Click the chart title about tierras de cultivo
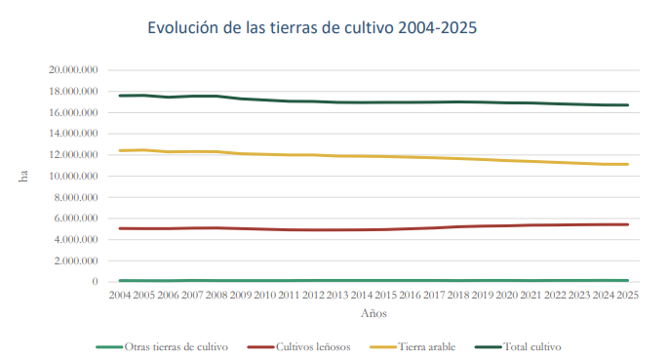pyautogui.click(x=312, y=27)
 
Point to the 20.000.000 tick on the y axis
pyautogui.click(x=73, y=70)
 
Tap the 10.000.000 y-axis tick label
pyautogui.click(x=73, y=176)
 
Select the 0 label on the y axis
pyautogui.click(x=95, y=282)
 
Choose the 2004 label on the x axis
pyautogui.click(x=120, y=295)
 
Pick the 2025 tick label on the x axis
pyautogui.click(x=627, y=295)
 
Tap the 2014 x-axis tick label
pyautogui.click(x=362, y=295)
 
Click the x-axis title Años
pyautogui.click(x=373, y=313)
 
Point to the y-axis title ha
pyautogui.click(x=23, y=176)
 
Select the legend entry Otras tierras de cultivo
pyautogui.click(x=162, y=346)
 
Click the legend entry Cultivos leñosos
pyautogui.click(x=298, y=346)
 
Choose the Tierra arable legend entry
pyautogui.click(x=413, y=346)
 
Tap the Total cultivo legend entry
pyautogui.click(x=518, y=346)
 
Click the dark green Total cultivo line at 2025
pyautogui.click(x=627, y=104)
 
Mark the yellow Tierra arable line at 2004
pyautogui.click(x=120, y=150)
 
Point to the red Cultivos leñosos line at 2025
pyautogui.click(x=627, y=224)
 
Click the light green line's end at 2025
pyautogui.click(x=628, y=280)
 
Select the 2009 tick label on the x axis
pyautogui.click(x=241, y=295)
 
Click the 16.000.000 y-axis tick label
pyautogui.click(x=73, y=112)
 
